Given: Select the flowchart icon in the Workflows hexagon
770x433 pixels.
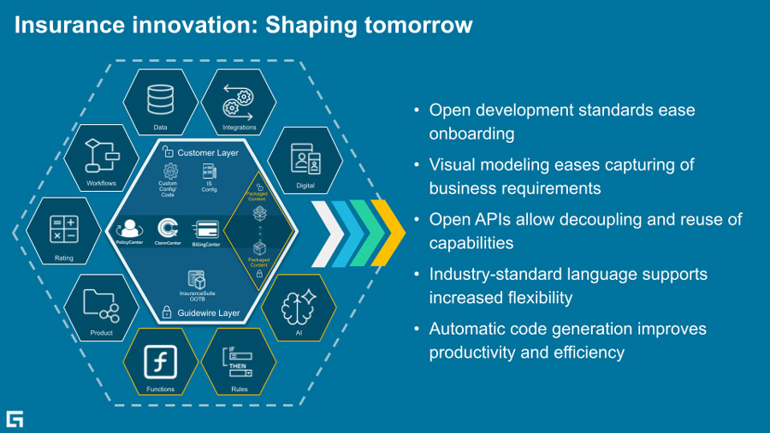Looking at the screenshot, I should (x=101, y=155).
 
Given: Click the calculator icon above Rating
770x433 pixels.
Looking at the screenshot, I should (x=64, y=229).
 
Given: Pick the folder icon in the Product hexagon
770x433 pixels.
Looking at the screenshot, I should (x=101, y=303).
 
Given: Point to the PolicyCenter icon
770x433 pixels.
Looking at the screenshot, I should (x=130, y=229).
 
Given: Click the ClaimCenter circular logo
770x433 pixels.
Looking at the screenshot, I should (x=168, y=228).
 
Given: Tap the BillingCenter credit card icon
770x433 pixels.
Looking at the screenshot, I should (x=205, y=229).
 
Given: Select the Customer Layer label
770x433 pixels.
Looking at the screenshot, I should (x=208, y=152).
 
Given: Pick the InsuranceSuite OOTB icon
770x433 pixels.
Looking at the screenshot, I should (x=197, y=280).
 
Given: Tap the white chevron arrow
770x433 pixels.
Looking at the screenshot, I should (x=327, y=234).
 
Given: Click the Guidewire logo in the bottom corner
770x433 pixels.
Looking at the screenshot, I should (x=15, y=418).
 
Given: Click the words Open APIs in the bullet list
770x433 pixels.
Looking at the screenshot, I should (x=463, y=220).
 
